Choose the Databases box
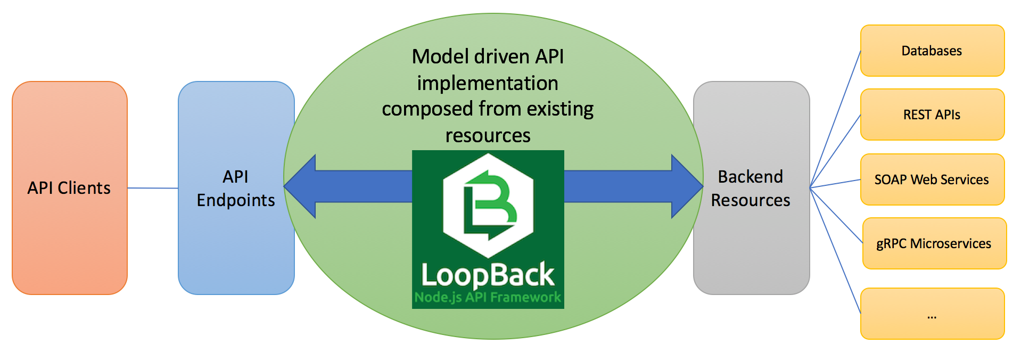pos(932,51)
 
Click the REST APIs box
pos(932,114)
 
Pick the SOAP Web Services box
pos(932,179)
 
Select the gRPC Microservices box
pos(934,243)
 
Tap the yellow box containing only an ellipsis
pos(932,314)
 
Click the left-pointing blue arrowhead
pos(301,186)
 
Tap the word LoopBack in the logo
pos(488,275)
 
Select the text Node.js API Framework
pos(488,297)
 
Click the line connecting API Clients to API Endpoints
pos(153,188)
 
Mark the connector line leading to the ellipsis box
pos(835,251)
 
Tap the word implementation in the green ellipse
pos(488,83)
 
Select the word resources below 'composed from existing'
pos(488,135)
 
